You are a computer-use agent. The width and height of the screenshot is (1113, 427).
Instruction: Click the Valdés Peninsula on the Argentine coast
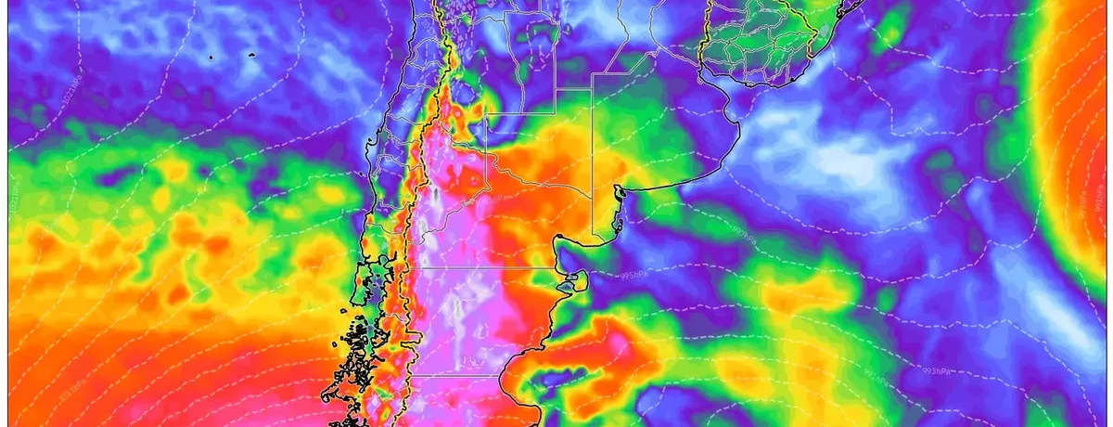579,278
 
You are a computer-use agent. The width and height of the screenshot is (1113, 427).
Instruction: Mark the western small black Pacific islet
211,58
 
